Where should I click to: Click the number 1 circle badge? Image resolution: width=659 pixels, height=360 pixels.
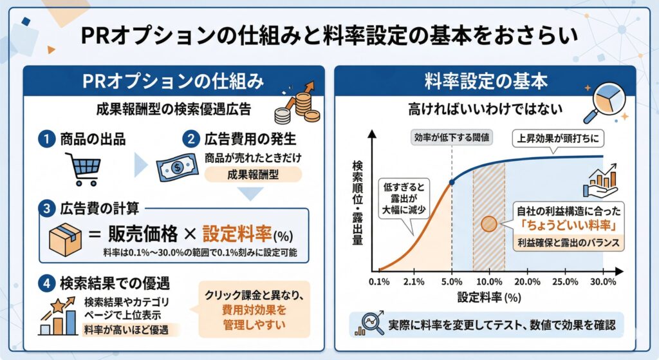(x=46, y=139)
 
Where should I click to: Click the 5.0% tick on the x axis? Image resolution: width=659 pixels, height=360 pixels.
(x=452, y=281)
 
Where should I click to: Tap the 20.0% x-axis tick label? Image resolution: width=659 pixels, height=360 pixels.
(x=527, y=281)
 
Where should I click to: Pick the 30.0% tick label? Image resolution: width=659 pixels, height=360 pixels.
(x=602, y=281)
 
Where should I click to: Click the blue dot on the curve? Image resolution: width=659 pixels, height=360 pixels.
(x=452, y=182)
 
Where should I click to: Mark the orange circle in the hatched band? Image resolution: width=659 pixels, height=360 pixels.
(x=489, y=223)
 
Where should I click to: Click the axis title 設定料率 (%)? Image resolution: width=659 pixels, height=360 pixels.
(x=489, y=298)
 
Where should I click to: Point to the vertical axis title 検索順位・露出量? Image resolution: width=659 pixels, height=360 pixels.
(x=357, y=201)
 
